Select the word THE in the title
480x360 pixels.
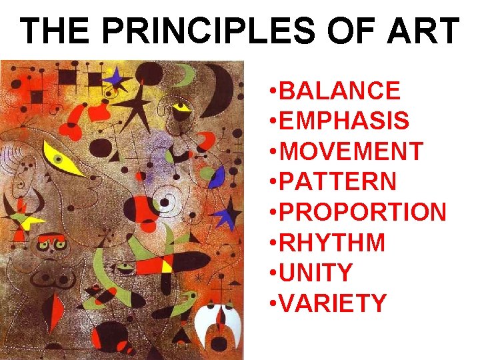[56, 31]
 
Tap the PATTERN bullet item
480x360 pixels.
[339, 181]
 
